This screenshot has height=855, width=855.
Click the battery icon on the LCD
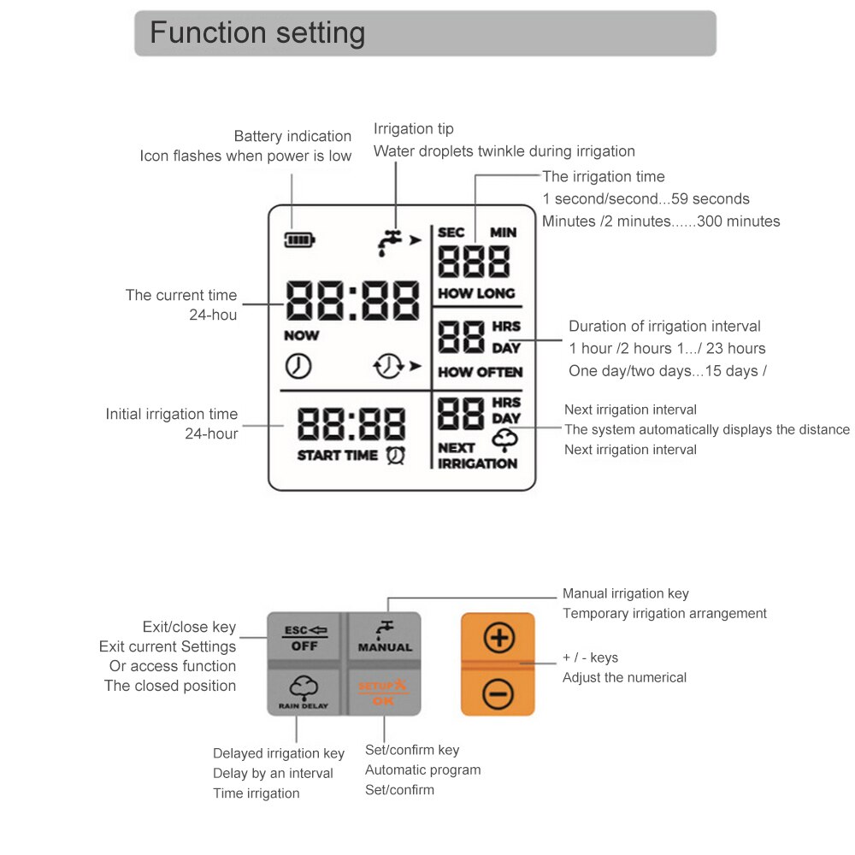pyautogui.click(x=299, y=240)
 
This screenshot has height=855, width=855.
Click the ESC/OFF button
pyautogui.click(x=304, y=637)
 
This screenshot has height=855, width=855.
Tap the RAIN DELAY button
pyautogui.click(x=304, y=693)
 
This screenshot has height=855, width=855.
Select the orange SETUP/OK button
pyautogui.click(x=385, y=693)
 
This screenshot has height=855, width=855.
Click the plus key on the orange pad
pyautogui.click(x=498, y=638)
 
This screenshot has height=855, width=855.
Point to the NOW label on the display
pyautogui.click(x=301, y=335)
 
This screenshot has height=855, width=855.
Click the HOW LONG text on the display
pyautogui.click(x=476, y=293)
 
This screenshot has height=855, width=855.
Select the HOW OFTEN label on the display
pyautogui.click(x=480, y=372)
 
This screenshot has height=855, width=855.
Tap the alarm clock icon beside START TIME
pyautogui.click(x=396, y=456)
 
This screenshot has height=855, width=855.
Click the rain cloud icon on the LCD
pyautogui.click(x=505, y=439)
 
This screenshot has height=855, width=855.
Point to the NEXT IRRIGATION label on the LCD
pyautogui.click(x=477, y=456)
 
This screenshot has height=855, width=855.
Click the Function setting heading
pyautogui.click(x=257, y=33)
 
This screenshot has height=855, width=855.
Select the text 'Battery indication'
pyautogui.click(x=292, y=136)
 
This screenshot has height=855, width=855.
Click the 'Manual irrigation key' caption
pyautogui.click(x=625, y=593)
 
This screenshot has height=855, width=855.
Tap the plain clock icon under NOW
pyautogui.click(x=298, y=366)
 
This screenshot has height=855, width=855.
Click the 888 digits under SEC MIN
pyautogui.click(x=474, y=262)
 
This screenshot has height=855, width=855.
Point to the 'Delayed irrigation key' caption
pyautogui.click(x=279, y=753)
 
